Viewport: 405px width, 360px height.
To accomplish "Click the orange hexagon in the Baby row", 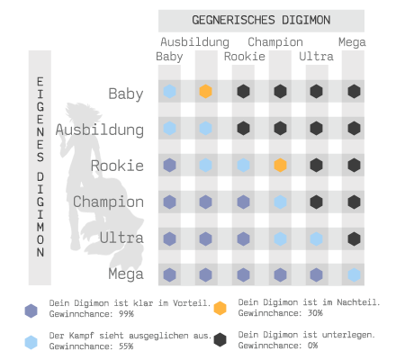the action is tap(206, 91).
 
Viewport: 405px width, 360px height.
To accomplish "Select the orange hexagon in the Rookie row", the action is tap(280, 166).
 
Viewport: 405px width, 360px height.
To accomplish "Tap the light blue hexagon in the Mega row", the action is tap(354, 275).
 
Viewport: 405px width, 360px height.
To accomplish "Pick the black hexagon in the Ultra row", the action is tap(354, 239).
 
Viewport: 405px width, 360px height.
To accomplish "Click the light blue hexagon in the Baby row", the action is tap(169, 91).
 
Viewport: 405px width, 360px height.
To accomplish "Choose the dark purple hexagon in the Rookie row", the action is tap(169, 166).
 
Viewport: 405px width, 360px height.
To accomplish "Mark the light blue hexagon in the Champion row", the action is tap(280, 202).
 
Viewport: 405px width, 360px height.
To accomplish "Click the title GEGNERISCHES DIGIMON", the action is tap(261, 20).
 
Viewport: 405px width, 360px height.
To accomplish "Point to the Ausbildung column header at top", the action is tap(194, 42).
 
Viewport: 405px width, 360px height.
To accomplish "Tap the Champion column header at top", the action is tap(275, 42).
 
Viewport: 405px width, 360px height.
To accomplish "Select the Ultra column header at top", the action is tap(316, 57).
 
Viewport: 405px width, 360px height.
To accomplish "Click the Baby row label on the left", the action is tap(126, 94).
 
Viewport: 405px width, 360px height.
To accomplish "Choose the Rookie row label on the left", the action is tap(117, 166).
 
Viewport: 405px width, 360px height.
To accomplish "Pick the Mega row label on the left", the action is tap(126, 274).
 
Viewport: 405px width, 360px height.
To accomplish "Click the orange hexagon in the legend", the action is tap(220, 309).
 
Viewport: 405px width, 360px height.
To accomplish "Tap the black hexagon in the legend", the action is tap(220, 339).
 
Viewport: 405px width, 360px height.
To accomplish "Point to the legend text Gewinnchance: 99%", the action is tap(92, 314).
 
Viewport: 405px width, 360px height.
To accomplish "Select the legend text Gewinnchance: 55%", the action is tap(91, 346).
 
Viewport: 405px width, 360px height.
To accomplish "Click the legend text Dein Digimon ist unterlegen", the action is tap(307, 335).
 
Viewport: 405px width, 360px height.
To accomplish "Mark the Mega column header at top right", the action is tap(352, 42).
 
